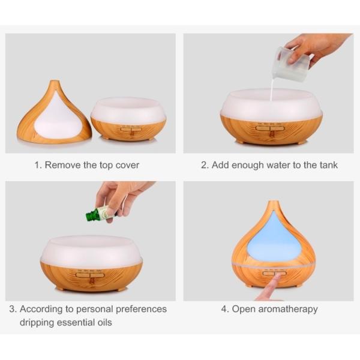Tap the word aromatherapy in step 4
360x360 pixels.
287,309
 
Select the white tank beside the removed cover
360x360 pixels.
128,111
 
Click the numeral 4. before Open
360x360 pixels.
225,309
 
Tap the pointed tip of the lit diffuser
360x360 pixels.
272,203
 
